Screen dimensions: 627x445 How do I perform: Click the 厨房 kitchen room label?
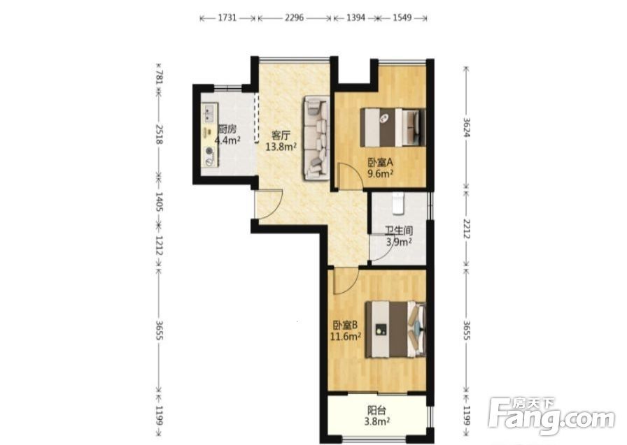tap(227, 129)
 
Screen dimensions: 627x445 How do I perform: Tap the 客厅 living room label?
tap(281, 136)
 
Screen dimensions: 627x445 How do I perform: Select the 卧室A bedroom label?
tap(381, 163)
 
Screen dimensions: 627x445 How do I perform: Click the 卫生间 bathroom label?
tap(399, 231)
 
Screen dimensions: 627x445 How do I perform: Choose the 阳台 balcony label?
tap(376, 410)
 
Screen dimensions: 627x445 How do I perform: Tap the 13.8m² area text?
tap(281, 147)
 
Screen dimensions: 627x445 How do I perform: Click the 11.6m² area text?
tap(346, 337)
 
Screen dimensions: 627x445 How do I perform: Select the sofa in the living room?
tap(316, 138)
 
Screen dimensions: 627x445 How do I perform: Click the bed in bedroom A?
tap(393, 127)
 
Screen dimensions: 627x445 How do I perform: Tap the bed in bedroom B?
tap(395, 330)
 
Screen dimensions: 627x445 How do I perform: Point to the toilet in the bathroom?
tap(398, 203)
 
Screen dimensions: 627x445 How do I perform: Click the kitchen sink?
tap(209, 112)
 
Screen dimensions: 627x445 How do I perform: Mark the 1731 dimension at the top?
tap(227, 18)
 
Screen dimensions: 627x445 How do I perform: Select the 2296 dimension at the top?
tap(294, 18)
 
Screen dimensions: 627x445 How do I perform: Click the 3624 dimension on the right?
tap(466, 127)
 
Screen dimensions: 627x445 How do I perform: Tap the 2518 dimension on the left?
tap(159, 135)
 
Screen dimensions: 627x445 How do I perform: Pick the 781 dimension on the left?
tap(159, 77)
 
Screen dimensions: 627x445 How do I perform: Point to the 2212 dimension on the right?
tap(466, 228)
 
